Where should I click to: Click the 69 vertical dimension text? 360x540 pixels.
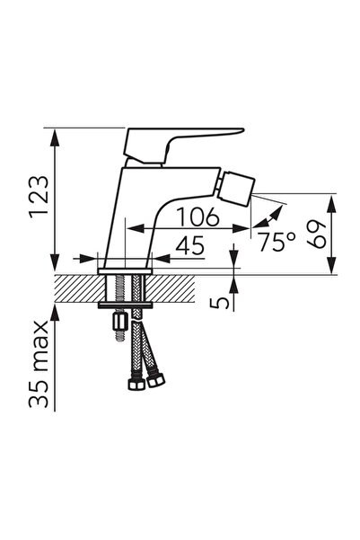[315, 232]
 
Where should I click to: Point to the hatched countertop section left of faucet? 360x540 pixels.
[76, 287]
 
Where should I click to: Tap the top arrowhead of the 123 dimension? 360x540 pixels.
[57, 136]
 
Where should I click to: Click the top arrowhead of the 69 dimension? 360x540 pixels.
[331, 199]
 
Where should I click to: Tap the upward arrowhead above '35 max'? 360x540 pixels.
[57, 309]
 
